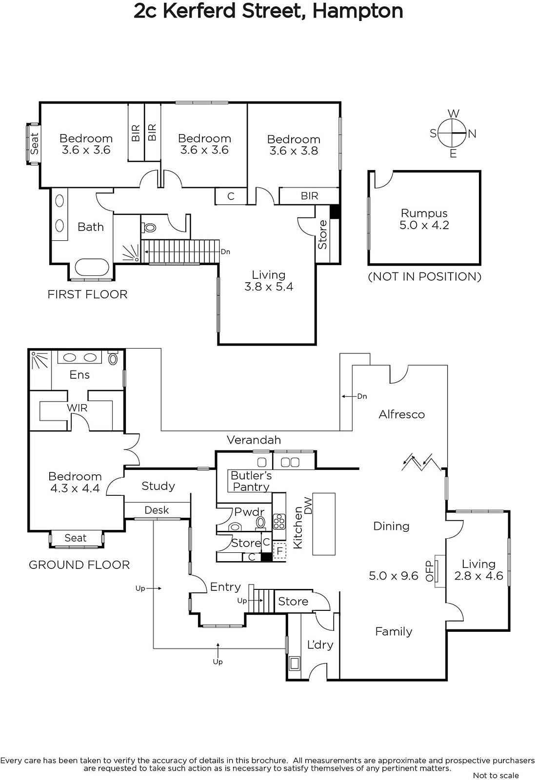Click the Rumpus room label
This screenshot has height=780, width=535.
[x=424, y=214]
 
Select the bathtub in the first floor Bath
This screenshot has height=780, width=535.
[x=91, y=267]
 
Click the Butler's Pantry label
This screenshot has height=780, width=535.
[x=251, y=481]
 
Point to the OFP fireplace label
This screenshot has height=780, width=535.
[x=430, y=571]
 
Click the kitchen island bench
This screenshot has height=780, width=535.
[x=324, y=524]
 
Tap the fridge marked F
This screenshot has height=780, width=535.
[x=279, y=550]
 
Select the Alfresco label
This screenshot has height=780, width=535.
[x=402, y=414]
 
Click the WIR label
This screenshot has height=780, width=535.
[x=77, y=408]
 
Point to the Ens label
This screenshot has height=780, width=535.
[x=79, y=375]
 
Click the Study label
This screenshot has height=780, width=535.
[x=158, y=486]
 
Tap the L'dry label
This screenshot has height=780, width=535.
[x=320, y=644]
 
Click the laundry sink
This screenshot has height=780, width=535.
[x=295, y=663]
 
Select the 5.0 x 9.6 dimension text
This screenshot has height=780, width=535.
[x=394, y=576]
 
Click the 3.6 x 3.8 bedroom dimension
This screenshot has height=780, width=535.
[x=294, y=151]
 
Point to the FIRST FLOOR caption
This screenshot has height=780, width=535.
[x=87, y=294]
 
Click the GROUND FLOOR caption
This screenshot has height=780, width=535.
[x=79, y=565]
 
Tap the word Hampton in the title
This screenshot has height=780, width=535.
[x=357, y=11]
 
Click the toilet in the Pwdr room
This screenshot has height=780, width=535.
[x=236, y=526]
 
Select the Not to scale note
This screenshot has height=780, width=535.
[x=495, y=775]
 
